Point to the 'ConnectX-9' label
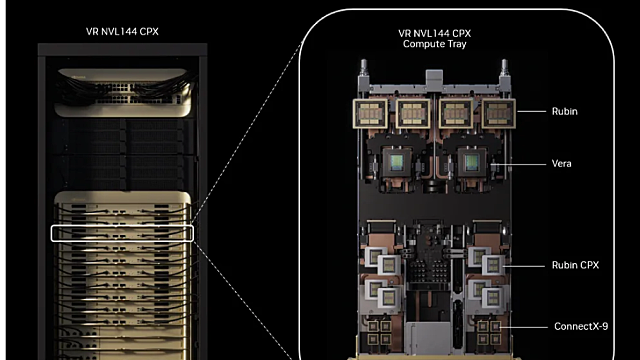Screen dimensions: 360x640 pyautogui.click(x=580, y=326)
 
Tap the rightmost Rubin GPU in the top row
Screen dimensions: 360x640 pyautogui.click(x=495, y=114)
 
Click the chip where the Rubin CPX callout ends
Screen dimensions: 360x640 pyautogui.click(x=490, y=265)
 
